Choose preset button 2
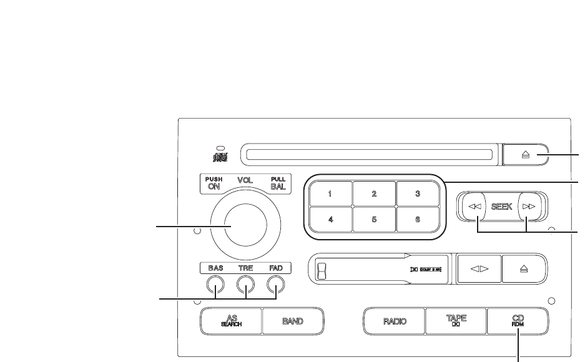coord(374,193)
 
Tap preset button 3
coord(418,193)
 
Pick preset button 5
coord(374,220)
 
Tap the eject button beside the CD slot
coord(526,154)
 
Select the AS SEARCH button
coord(230,321)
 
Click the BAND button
coord(293,321)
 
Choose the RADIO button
coord(395,321)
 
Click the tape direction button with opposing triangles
coord(478,270)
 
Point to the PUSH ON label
coord(213,183)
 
